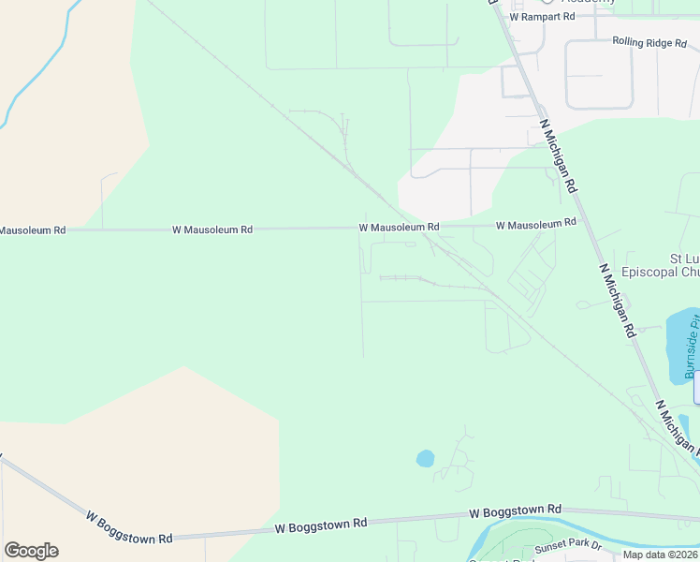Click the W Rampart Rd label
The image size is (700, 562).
point(541,17)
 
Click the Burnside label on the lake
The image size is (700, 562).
point(692,347)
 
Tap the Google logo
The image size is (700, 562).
point(31,551)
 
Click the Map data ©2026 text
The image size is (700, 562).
point(661,555)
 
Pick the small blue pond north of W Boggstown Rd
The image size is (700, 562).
point(425,459)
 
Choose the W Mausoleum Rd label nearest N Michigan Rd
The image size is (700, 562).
point(535,225)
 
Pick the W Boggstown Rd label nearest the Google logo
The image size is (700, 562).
point(129,527)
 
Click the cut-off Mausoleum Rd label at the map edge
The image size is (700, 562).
point(33,229)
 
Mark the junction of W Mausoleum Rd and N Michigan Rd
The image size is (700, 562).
point(580,221)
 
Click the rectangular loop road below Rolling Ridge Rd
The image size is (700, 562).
point(599,75)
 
